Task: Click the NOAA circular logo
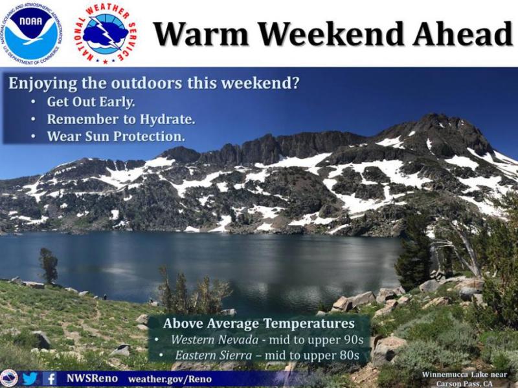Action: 31,34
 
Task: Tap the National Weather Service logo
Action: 105,34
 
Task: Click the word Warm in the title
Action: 201,34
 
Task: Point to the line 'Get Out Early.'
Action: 91,102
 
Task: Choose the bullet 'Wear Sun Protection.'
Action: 116,136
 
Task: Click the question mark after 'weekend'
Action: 295,83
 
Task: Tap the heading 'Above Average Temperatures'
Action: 258,323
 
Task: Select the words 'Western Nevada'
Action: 214,339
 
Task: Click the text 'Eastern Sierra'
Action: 214,355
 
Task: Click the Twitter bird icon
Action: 30,378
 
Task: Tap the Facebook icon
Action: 50,378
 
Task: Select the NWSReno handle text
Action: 92,378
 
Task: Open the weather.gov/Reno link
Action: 170,379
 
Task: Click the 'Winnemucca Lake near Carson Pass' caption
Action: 464,379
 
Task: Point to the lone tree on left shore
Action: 49,265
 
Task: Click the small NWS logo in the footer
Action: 9,378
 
